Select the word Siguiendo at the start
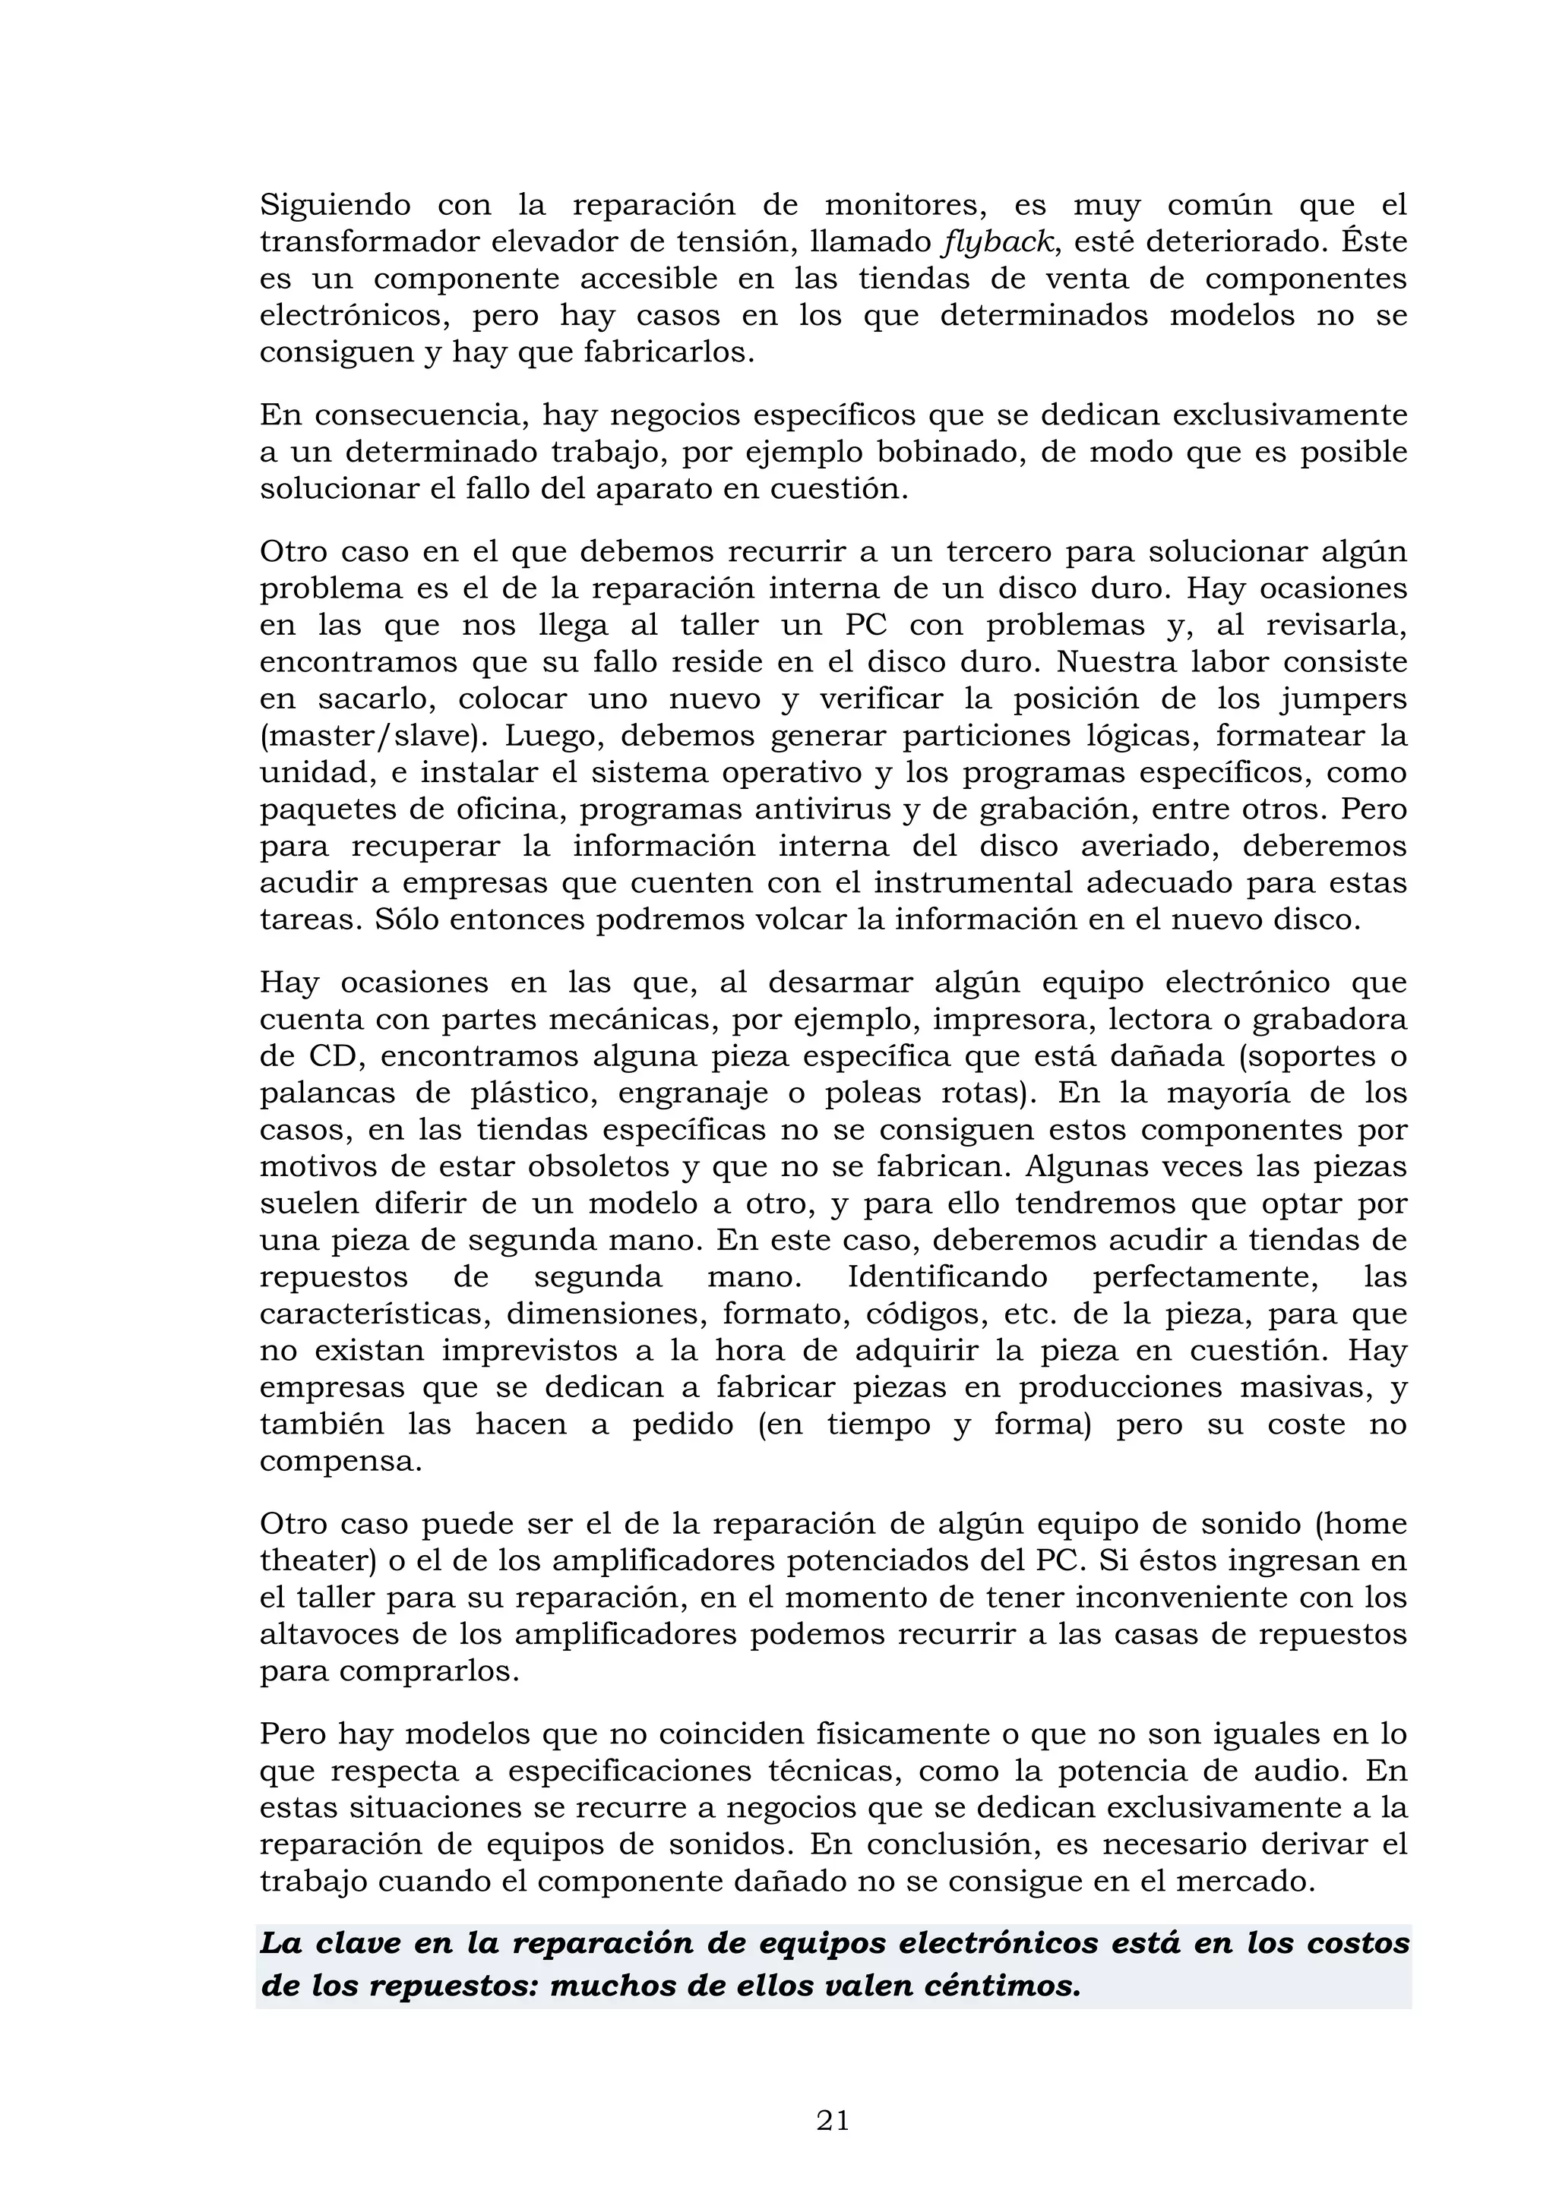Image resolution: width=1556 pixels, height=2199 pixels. pos(335,206)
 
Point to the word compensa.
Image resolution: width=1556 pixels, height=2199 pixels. pos(340,1462)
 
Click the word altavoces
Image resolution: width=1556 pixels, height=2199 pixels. pos(330,1634)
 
